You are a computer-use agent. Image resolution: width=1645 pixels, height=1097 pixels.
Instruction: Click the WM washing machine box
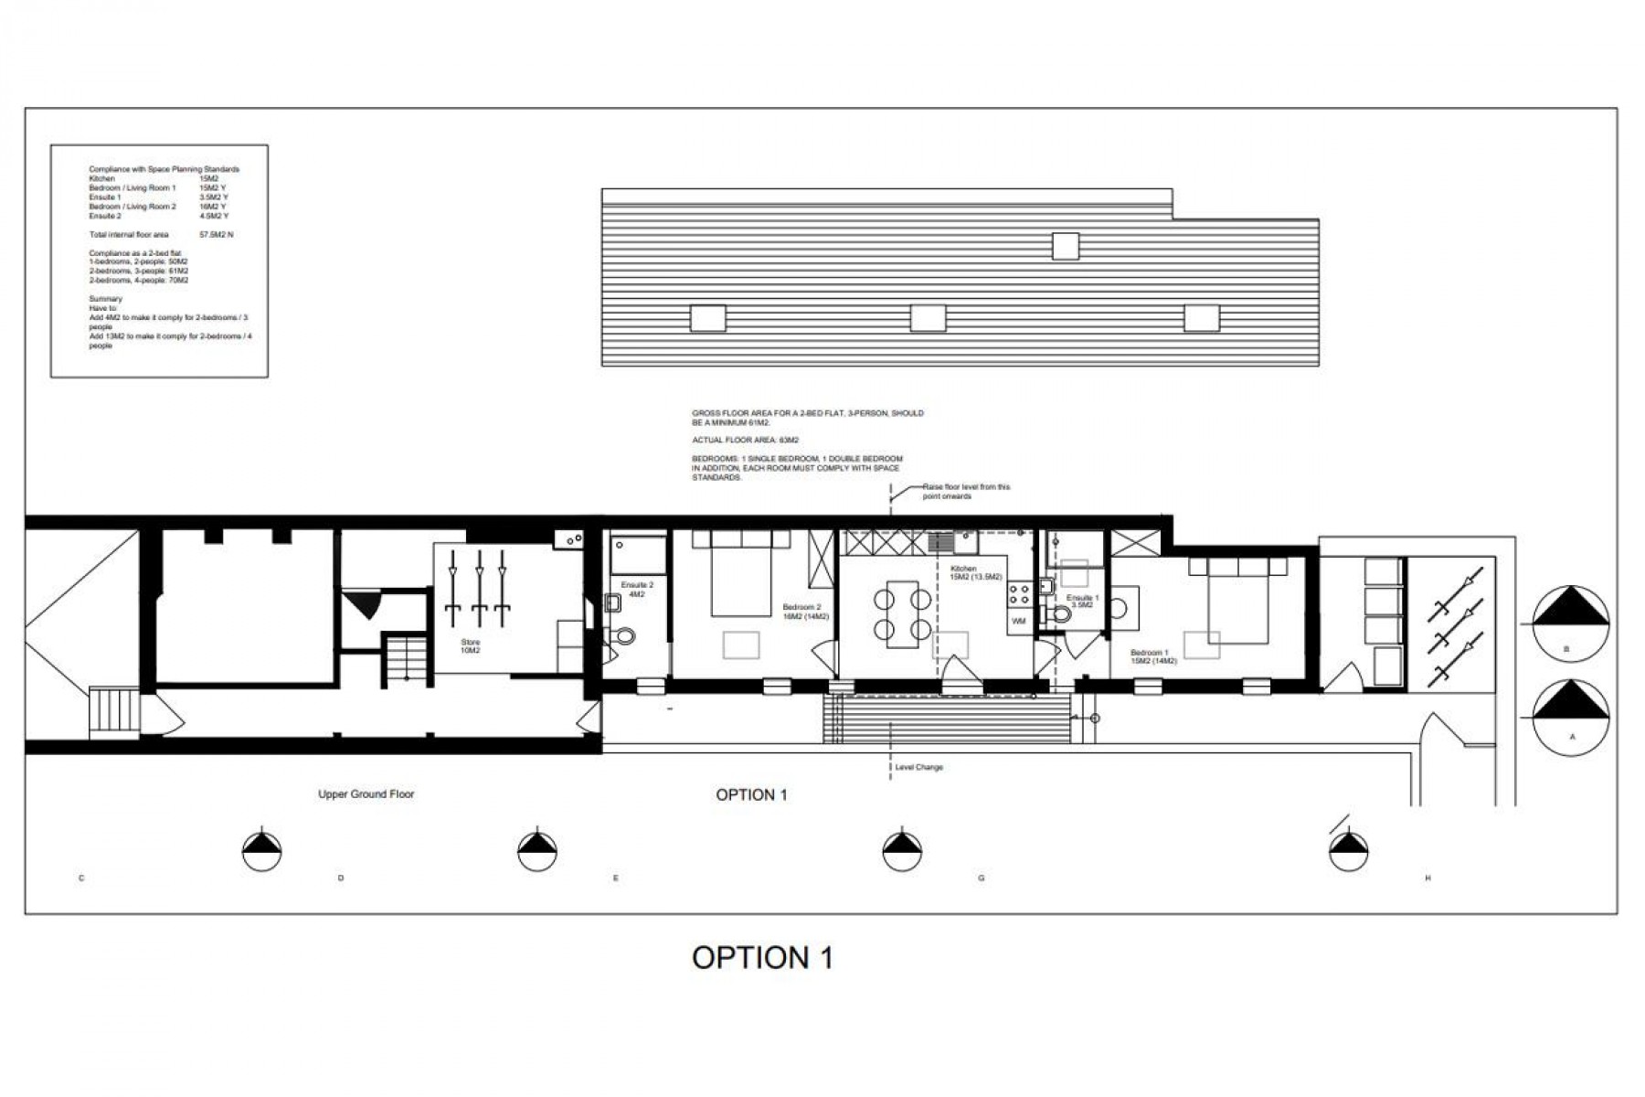pyautogui.click(x=1019, y=621)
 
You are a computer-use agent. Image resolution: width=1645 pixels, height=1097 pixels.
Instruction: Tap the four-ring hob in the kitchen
pyautogui.click(x=1019, y=595)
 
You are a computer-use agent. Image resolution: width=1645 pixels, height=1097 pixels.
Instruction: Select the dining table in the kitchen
pyautogui.click(x=902, y=613)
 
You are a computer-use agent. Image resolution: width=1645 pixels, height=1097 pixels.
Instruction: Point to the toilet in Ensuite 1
pyautogui.click(x=1060, y=614)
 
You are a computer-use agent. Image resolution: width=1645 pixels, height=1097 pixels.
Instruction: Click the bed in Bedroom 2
pyautogui.click(x=741, y=574)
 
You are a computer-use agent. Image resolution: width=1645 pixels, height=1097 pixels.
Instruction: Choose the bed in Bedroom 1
pyautogui.click(x=1237, y=599)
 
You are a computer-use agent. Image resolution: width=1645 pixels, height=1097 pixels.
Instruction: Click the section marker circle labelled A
pyautogui.click(x=1570, y=716)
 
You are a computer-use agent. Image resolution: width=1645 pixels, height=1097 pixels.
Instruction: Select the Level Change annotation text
pyautogui.click(x=918, y=767)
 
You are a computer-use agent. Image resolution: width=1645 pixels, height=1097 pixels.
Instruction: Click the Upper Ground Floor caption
pyautogui.click(x=366, y=794)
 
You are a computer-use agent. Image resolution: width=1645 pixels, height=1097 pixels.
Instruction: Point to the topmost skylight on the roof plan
pyautogui.click(x=1065, y=246)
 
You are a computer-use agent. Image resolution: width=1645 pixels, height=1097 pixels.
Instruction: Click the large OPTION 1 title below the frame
pyautogui.click(x=762, y=957)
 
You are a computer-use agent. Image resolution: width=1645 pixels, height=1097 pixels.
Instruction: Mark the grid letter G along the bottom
pyautogui.click(x=982, y=879)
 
